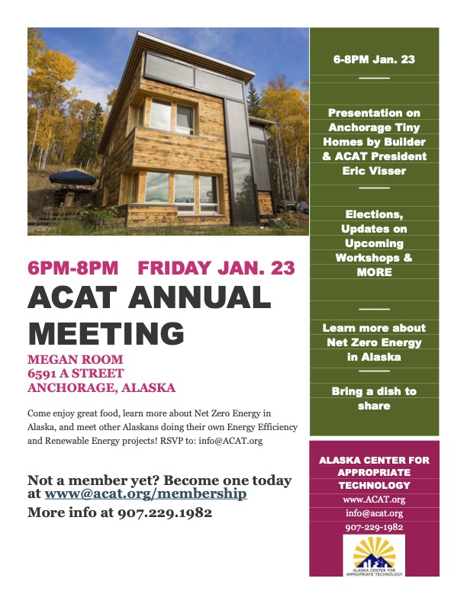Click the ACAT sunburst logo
(x=374, y=554)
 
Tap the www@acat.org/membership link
(x=146, y=493)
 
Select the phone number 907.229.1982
(x=165, y=512)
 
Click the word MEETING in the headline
(x=106, y=333)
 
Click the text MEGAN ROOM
(x=75, y=359)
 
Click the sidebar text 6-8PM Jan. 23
(x=374, y=59)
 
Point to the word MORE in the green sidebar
(x=374, y=272)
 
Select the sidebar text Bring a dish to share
(x=374, y=398)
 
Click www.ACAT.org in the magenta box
(x=374, y=500)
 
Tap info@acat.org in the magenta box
(x=374, y=513)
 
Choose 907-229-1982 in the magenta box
(x=374, y=527)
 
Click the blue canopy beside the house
(x=72, y=176)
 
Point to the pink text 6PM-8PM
(x=73, y=268)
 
